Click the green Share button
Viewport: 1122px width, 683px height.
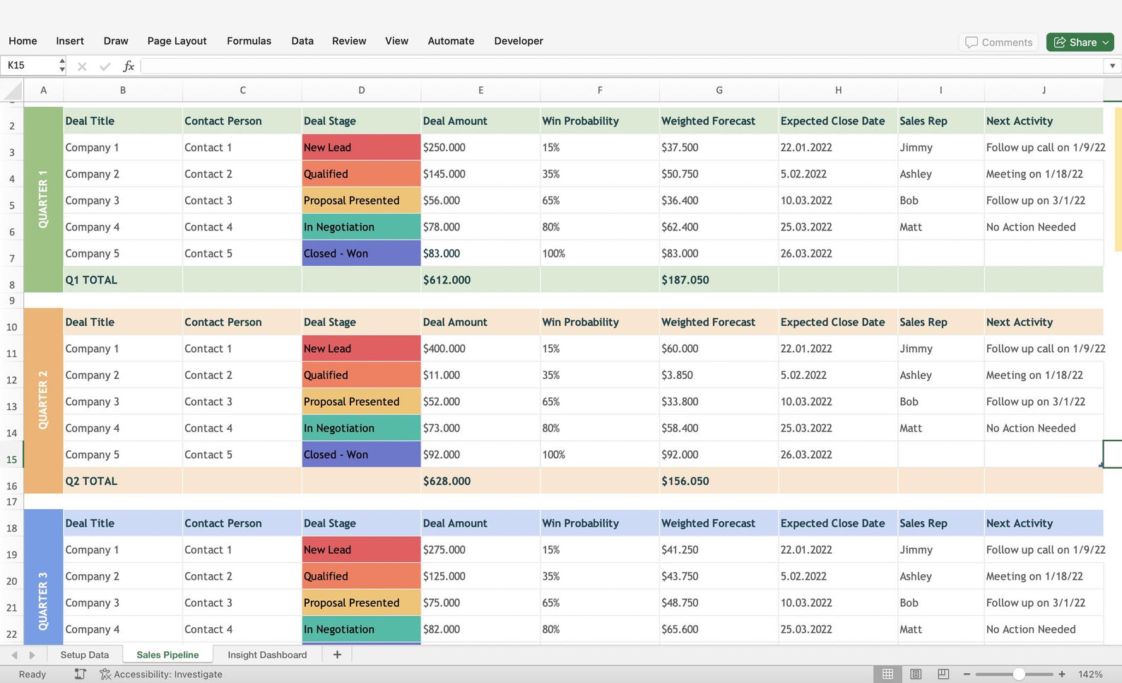1079,42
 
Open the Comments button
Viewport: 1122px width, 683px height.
998,42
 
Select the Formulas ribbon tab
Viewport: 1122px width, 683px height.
249,41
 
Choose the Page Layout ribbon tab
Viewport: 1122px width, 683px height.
177,41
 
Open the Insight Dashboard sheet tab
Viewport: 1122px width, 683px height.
267,655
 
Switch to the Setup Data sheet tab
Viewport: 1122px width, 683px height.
85,655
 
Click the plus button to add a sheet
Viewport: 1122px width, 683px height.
337,655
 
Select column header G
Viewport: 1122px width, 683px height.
719,91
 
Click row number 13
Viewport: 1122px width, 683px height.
11,407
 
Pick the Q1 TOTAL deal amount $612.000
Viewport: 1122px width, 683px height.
447,280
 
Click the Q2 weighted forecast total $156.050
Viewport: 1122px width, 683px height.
685,481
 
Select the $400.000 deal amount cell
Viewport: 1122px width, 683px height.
444,349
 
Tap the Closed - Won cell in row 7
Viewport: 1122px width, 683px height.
361,254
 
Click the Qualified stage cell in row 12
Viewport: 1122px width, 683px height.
361,375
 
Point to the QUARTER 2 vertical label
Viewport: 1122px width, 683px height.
43,400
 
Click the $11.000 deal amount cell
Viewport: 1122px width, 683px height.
441,375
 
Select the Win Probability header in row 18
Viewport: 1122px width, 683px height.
580,523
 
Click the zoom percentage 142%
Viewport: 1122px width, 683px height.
1090,675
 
